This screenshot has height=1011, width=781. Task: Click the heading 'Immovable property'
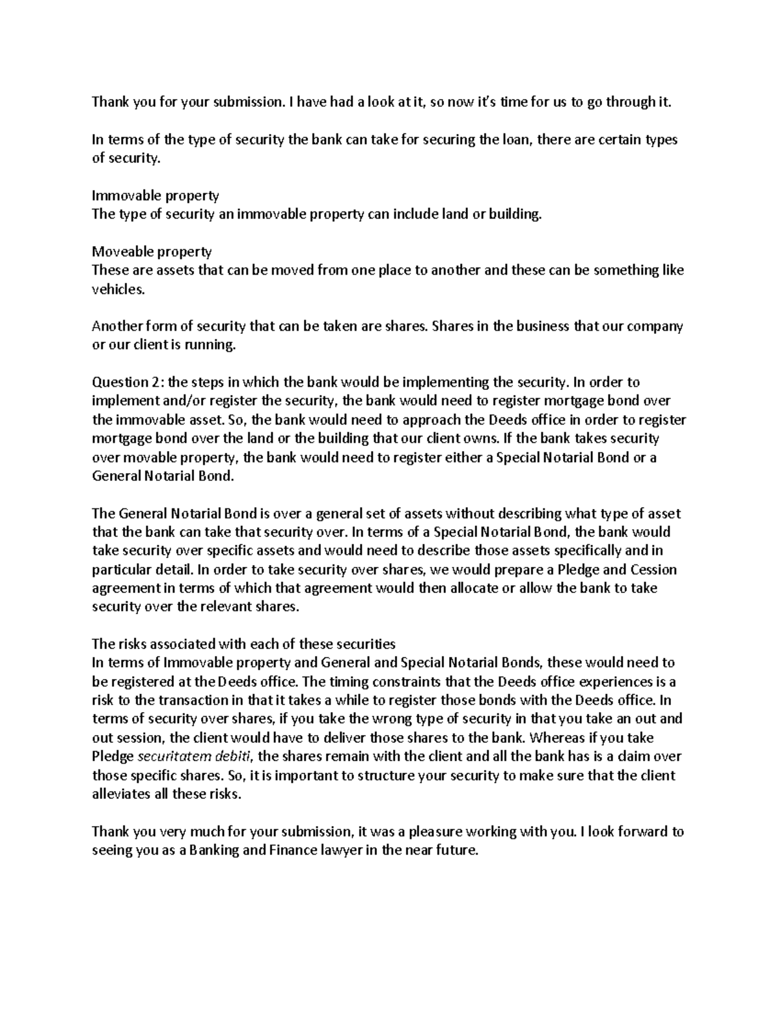coord(155,195)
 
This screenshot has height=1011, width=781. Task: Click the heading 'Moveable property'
coord(152,251)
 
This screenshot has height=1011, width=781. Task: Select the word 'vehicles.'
coord(117,289)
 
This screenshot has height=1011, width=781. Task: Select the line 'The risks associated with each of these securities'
coord(243,644)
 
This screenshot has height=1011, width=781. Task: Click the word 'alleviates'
coord(119,794)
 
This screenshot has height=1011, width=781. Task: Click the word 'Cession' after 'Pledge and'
coord(653,570)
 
